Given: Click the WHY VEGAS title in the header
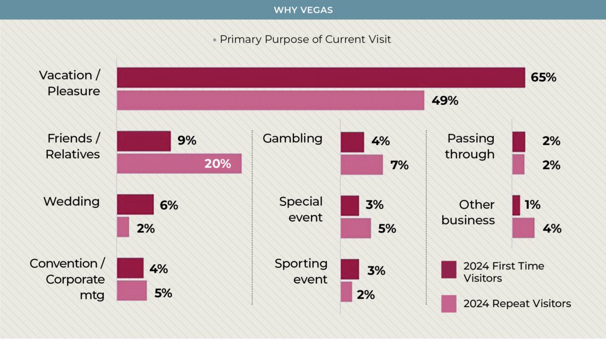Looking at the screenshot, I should coord(303,10).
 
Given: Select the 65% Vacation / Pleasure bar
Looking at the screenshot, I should coord(321,78).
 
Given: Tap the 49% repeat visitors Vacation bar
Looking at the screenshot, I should coord(270,101).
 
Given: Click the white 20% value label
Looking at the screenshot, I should coord(218,164).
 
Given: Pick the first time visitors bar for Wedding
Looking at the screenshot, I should coord(135,204).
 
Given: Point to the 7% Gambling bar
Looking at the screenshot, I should coord(361,165).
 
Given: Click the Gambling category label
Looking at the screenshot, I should coord(292,138).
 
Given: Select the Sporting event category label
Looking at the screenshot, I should coord(301,271).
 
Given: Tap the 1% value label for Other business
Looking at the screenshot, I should coord(532,205).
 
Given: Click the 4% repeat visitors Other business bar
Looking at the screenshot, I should coord(523,228).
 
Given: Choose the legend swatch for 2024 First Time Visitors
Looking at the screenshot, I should coord(449,270).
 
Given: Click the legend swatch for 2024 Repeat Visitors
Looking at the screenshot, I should coord(449,304).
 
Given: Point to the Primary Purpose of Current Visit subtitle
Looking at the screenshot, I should coord(305,39).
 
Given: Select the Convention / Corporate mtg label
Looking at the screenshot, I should coord(68,279).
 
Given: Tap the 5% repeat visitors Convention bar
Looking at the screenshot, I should coord(132,291).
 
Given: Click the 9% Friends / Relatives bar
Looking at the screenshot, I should coord(144,141).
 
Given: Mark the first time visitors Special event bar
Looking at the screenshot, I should coord(350,205).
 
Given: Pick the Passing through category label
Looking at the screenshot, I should coord(470,146).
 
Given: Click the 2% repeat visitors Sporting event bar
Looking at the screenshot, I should coord(346,292).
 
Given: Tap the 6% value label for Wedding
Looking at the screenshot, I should coord(169,205).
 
